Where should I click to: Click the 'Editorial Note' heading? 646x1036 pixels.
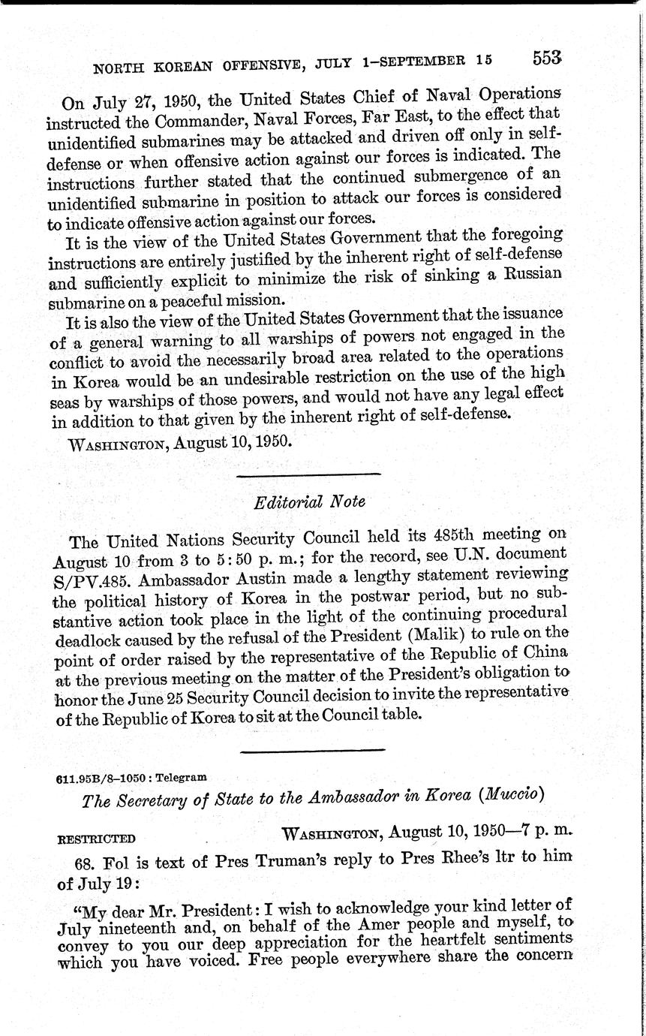[309, 502]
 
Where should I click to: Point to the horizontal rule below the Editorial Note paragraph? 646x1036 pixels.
[314, 750]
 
